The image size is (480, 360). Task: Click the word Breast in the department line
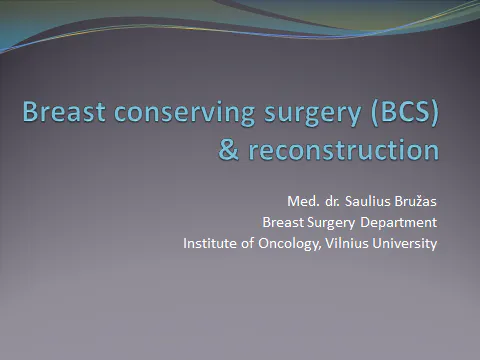(283, 222)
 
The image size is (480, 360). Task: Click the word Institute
(211, 243)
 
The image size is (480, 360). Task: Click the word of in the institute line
(250, 243)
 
